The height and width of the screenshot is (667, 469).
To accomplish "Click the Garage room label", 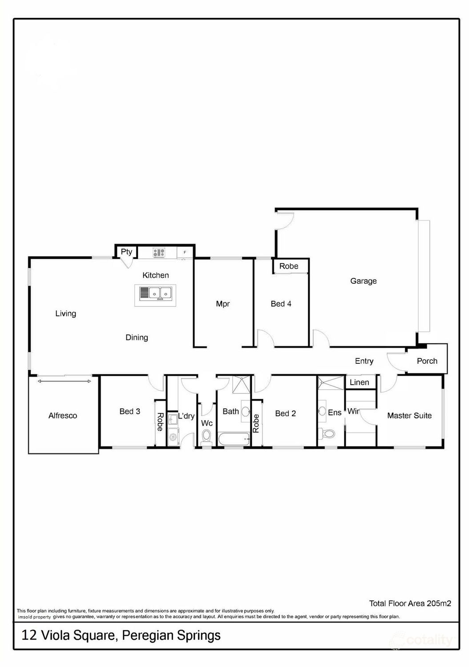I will [x=363, y=281].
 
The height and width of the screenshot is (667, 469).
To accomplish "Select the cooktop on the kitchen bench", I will [x=159, y=253].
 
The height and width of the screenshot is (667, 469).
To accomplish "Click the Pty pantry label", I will [x=126, y=252].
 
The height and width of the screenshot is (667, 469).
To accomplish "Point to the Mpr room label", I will [x=222, y=304].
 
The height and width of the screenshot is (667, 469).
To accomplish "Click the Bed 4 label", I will [x=281, y=304].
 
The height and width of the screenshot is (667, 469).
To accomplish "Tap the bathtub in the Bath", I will [x=233, y=440].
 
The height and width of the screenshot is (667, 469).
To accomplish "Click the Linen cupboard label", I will [x=359, y=382].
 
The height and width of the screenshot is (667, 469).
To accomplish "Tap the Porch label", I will [x=427, y=361].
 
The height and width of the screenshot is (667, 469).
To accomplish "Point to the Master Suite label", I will [x=409, y=416].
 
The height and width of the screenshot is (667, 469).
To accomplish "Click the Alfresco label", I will [x=63, y=416].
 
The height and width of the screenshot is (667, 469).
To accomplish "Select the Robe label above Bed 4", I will [x=289, y=266].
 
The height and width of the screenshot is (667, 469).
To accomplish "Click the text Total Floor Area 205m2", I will [x=410, y=603].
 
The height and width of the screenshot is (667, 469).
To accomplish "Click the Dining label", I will [x=137, y=338].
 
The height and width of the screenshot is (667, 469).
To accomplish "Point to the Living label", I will [x=65, y=313].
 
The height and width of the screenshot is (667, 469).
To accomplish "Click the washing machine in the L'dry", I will [x=173, y=439].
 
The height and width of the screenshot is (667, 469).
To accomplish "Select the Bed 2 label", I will [x=285, y=414].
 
